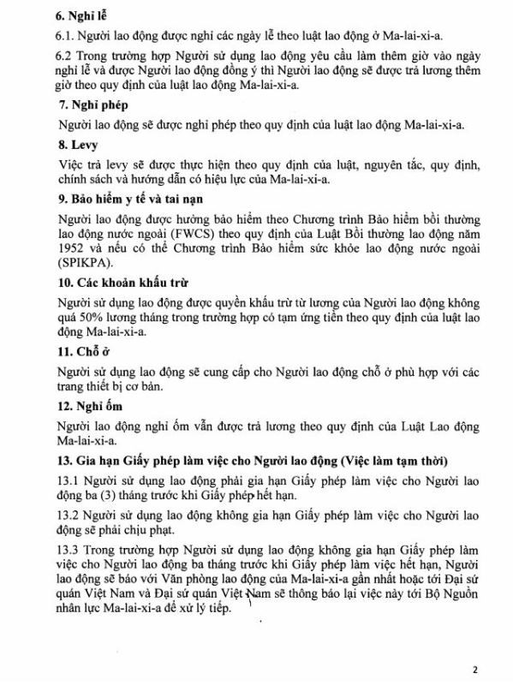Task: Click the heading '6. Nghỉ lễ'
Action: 82,16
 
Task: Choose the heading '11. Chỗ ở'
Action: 85,351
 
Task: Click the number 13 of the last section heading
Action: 64,462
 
